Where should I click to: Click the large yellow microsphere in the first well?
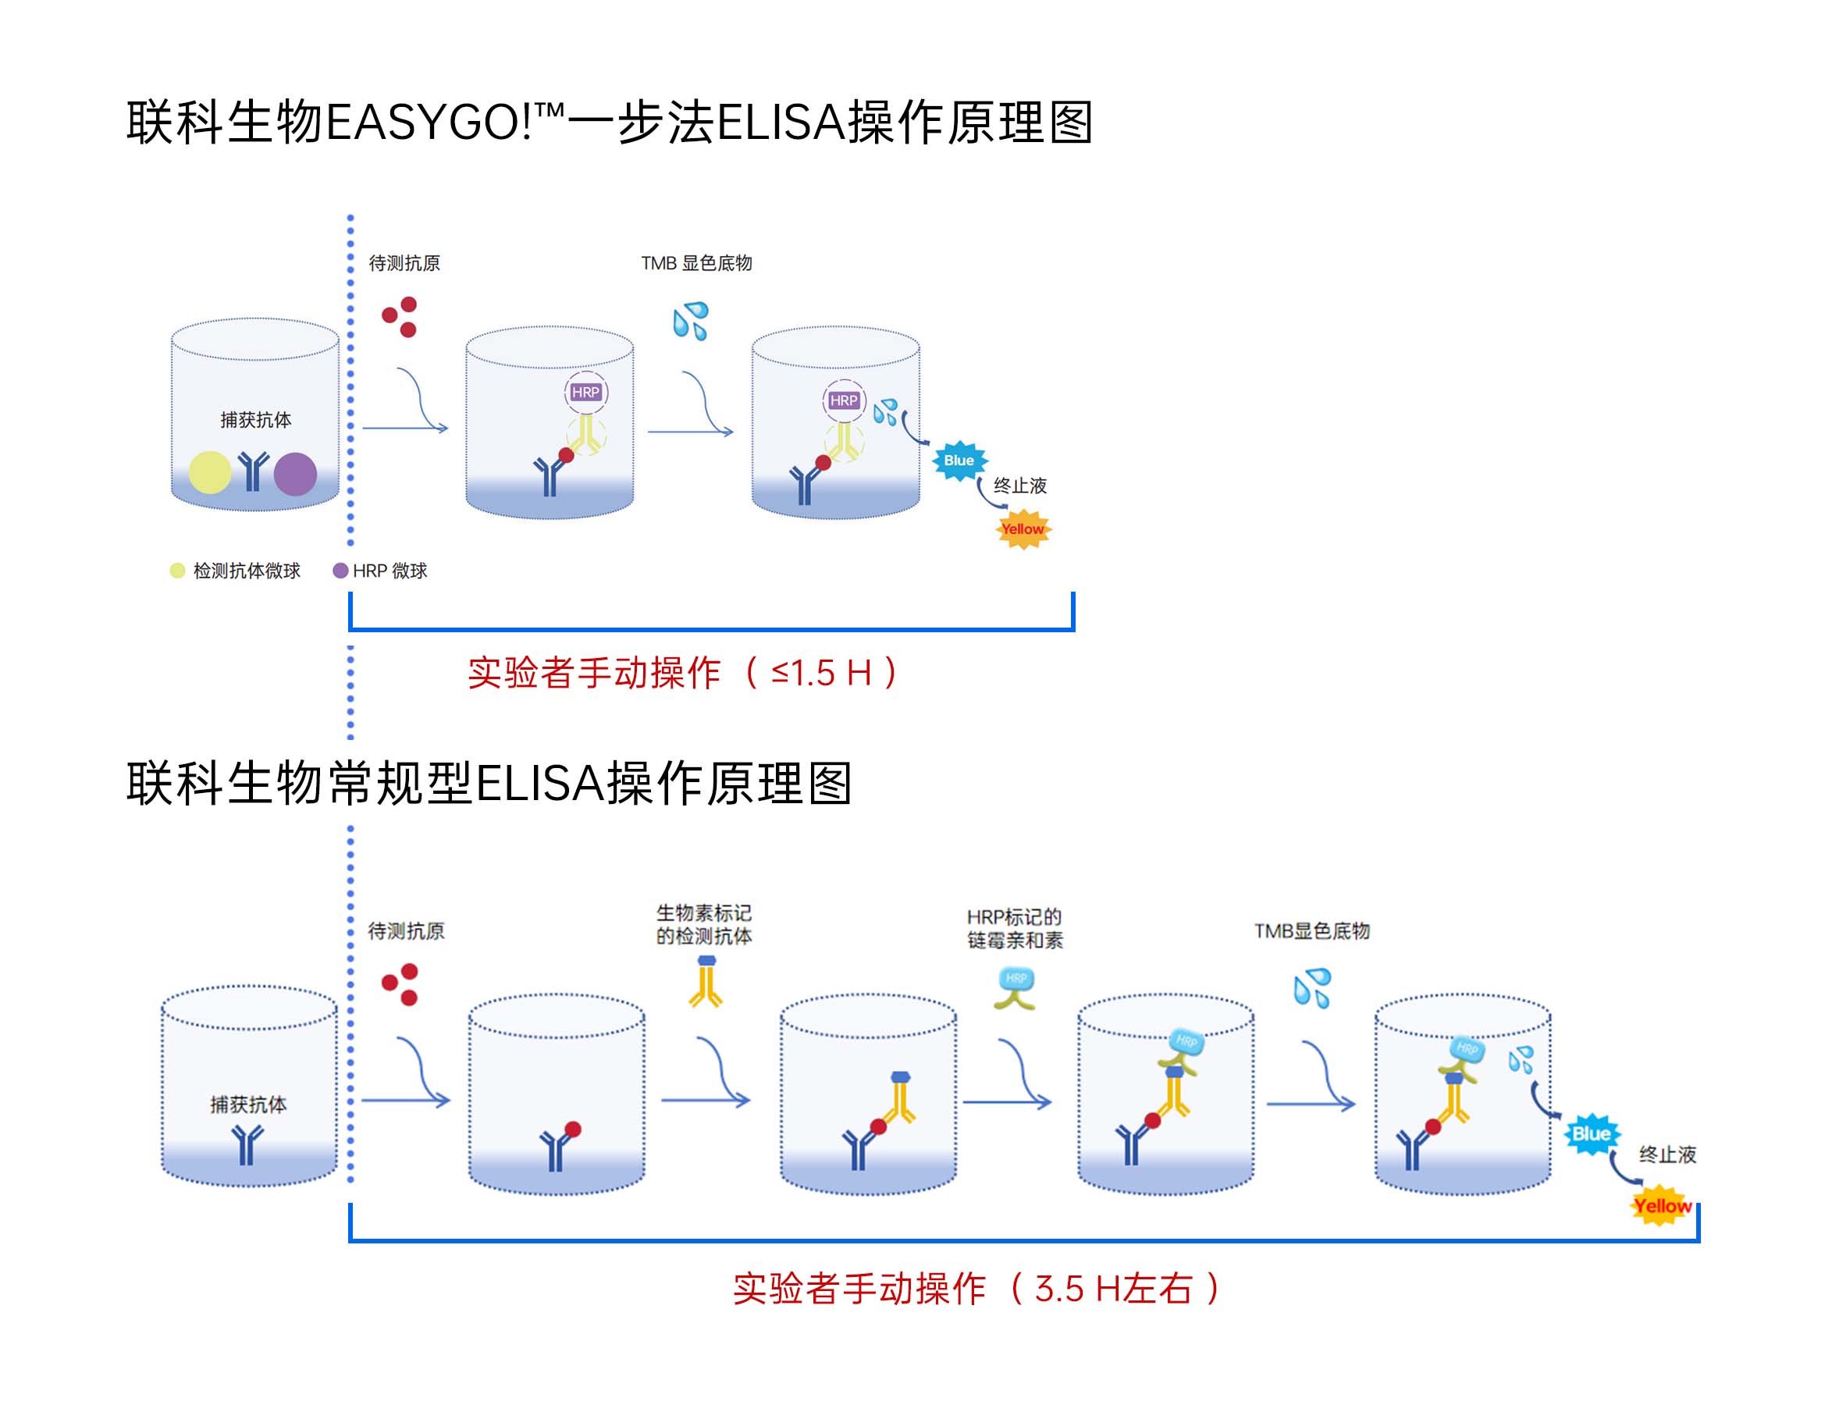coord(209,471)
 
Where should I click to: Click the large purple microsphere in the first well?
coord(295,473)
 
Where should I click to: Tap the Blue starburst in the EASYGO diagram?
coord(959,460)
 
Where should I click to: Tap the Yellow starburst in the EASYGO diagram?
coord(1023,529)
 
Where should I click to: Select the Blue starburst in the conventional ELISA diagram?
coord(1590,1134)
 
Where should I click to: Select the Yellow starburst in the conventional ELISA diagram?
coord(1661,1206)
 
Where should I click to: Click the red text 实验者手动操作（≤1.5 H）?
coord(682,673)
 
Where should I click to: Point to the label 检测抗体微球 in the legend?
coord(246,571)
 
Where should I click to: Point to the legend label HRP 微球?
coord(390,571)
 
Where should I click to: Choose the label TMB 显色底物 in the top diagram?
coord(696,264)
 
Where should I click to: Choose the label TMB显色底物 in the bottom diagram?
coord(1311,930)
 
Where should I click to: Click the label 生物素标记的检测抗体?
coord(703,924)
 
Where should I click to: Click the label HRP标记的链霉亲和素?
coord(1014,928)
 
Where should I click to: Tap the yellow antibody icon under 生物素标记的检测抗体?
coord(706,982)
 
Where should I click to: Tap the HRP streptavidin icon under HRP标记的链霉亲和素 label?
coord(1015,987)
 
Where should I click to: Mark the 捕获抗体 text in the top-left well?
coord(256,420)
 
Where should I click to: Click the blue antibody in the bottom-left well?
coord(247,1144)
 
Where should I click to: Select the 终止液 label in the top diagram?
coord(1019,486)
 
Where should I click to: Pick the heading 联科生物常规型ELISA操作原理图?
coord(489,784)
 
